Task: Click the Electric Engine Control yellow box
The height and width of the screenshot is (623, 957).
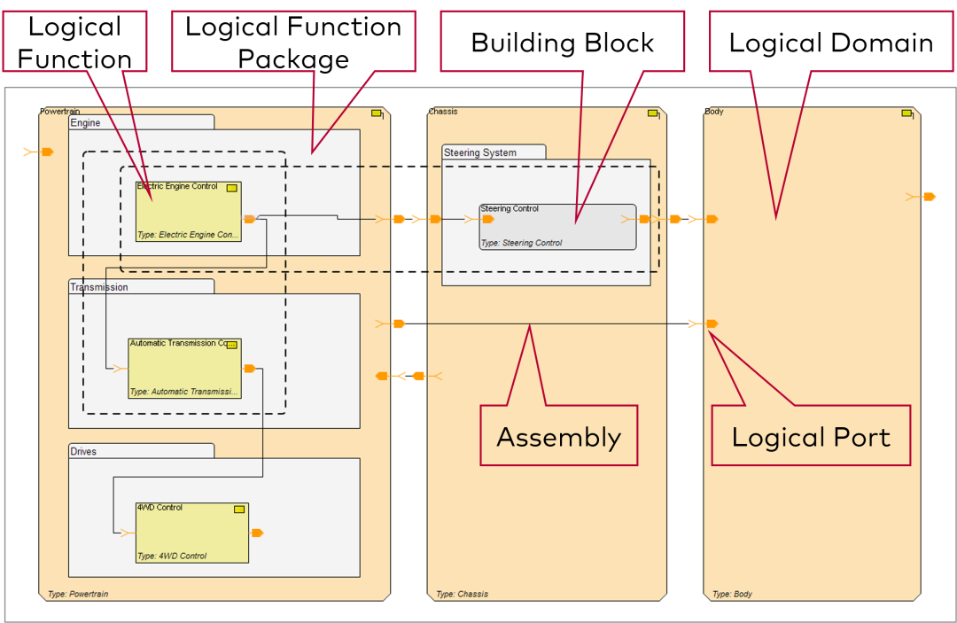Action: [188, 212]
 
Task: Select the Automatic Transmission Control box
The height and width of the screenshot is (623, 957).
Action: [184, 368]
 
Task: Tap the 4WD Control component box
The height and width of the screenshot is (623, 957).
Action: [191, 533]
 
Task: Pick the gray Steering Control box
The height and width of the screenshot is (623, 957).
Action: [557, 227]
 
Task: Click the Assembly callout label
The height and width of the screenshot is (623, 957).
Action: [558, 436]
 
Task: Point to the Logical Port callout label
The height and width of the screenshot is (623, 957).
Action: [811, 436]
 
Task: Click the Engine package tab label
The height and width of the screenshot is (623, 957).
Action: [85, 123]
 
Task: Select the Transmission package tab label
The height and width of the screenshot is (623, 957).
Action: [98, 287]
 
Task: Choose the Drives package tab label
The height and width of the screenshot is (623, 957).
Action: [84, 451]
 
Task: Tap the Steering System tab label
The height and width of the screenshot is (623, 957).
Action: [479, 152]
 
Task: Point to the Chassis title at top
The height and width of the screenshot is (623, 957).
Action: [443, 112]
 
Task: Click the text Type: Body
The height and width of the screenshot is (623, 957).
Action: [732, 594]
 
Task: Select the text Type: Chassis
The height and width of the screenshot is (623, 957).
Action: [462, 594]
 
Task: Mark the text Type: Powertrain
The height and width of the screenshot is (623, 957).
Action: [78, 594]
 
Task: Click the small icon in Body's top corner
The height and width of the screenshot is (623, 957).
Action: [907, 113]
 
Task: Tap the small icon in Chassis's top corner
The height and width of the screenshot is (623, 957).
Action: [653, 113]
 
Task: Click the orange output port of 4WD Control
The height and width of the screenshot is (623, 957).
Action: [257, 533]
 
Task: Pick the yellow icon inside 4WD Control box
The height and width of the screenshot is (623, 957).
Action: [239, 510]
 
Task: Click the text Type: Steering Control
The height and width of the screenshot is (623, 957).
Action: [521, 243]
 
